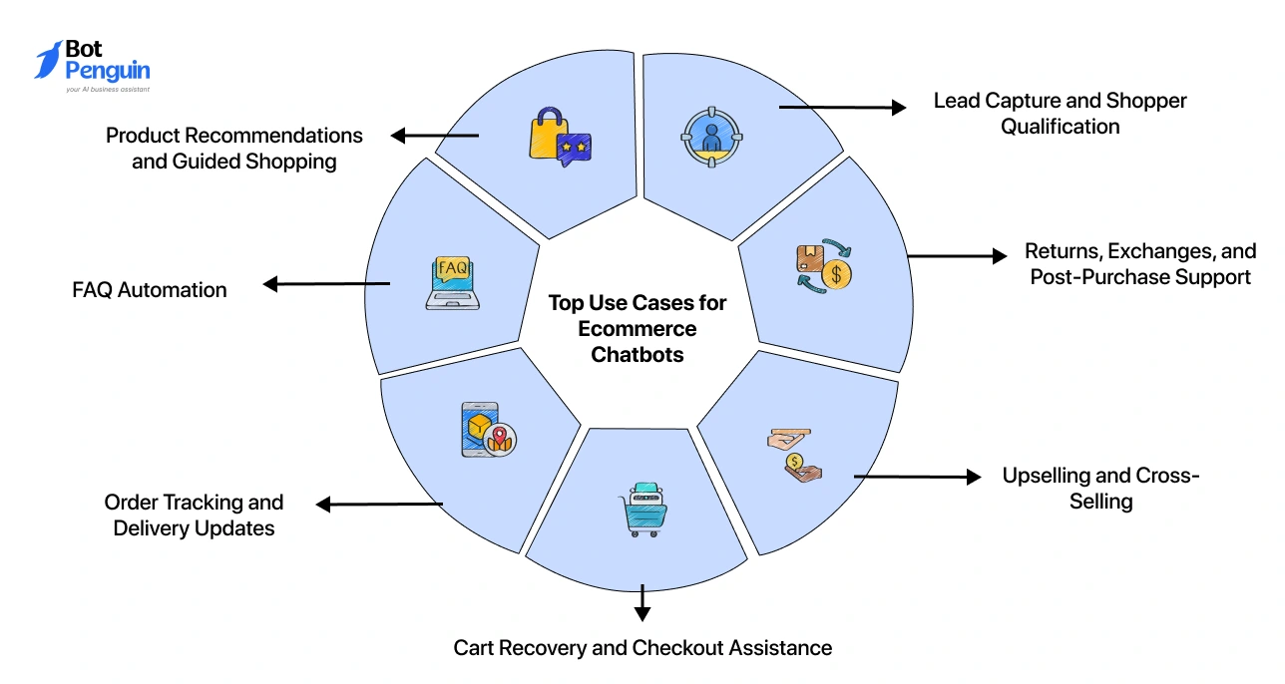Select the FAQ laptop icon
point(452,283)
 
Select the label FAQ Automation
point(150,290)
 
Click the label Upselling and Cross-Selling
point(1100,488)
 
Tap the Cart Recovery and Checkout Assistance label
point(642,648)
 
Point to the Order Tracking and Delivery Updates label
point(194,515)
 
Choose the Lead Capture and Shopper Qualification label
point(1060,114)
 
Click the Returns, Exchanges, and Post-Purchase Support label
point(1140,264)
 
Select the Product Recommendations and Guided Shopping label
point(234,148)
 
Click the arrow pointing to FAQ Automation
point(325,284)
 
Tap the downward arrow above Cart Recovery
point(642,602)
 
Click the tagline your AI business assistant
point(108,90)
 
